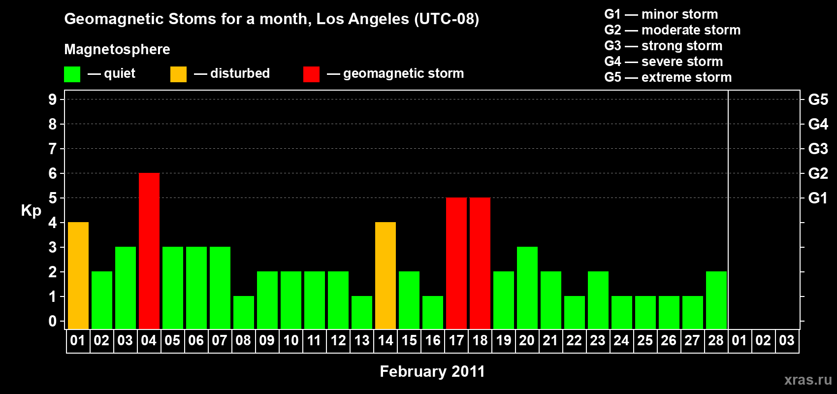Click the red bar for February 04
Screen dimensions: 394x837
(x=149, y=251)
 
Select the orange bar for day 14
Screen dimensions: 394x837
(x=386, y=275)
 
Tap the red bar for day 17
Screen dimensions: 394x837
(x=456, y=263)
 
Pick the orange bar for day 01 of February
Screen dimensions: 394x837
(x=78, y=275)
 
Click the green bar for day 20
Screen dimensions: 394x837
(x=527, y=288)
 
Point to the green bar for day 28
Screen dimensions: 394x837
(x=716, y=300)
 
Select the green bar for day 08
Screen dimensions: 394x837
(x=244, y=312)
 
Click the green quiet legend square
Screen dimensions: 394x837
(x=72, y=74)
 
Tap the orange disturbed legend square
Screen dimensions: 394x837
(x=178, y=74)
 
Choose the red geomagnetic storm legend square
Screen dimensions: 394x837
(x=311, y=74)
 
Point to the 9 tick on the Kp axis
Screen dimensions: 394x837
(x=53, y=99)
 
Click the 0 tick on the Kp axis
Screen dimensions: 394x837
(x=53, y=322)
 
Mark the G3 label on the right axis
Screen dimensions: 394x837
(x=818, y=149)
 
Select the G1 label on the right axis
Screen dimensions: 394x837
(x=818, y=198)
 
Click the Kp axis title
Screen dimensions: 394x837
(x=31, y=211)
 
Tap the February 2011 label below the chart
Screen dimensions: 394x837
(x=432, y=371)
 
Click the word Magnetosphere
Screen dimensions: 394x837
(x=117, y=49)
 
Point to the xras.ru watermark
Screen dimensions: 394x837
(x=808, y=380)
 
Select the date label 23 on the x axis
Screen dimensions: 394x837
(x=598, y=340)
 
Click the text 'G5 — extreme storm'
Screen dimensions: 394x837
(x=668, y=77)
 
